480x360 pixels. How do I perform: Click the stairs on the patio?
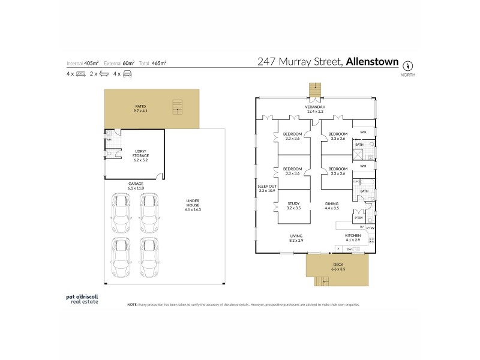(x=177, y=107)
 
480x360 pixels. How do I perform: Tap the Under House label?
(x=193, y=205)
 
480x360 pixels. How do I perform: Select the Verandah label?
(x=316, y=109)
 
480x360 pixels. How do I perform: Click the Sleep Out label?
(x=266, y=188)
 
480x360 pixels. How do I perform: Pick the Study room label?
(x=293, y=205)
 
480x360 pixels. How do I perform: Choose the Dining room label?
(x=332, y=205)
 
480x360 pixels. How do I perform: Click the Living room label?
(x=296, y=238)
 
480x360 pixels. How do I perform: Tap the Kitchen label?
(x=353, y=238)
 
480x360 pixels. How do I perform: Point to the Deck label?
(x=338, y=267)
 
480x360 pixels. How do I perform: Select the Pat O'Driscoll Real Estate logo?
(x=82, y=298)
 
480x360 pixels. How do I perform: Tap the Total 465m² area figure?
(x=153, y=62)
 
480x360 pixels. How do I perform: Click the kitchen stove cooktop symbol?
(x=371, y=241)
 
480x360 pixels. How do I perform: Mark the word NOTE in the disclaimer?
(x=133, y=305)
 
